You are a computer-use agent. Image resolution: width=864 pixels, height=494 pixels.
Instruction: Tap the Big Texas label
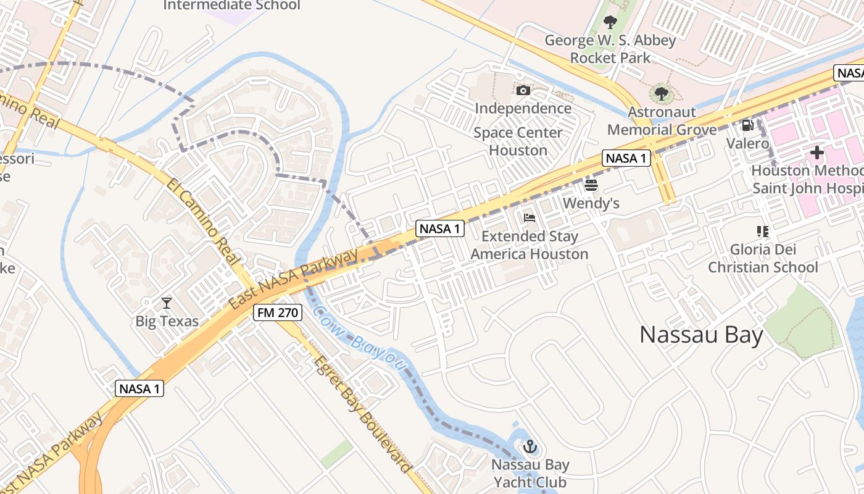click(167, 321)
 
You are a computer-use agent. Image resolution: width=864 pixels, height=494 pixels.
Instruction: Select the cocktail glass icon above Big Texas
click(167, 303)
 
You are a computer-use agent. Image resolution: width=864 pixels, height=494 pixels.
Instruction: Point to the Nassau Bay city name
click(702, 335)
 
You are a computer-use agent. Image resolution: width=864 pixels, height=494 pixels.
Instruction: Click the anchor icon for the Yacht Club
click(530, 446)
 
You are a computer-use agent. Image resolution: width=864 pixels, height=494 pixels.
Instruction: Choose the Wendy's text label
click(591, 203)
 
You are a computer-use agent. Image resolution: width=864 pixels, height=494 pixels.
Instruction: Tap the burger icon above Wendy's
click(591, 185)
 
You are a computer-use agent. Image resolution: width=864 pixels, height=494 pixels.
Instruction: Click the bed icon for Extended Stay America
click(530, 217)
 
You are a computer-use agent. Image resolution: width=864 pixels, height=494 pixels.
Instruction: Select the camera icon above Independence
click(523, 91)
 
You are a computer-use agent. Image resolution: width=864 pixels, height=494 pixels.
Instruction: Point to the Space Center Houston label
click(518, 141)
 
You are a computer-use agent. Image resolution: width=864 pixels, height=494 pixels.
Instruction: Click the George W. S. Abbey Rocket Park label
click(610, 49)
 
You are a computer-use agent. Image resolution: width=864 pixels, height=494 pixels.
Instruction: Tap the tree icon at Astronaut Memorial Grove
click(662, 94)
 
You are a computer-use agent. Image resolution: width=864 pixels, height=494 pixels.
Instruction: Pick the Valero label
click(747, 144)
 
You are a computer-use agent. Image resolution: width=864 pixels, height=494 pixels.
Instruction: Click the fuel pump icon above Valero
click(747, 125)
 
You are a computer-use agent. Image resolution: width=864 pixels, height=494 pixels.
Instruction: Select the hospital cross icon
click(817, 153)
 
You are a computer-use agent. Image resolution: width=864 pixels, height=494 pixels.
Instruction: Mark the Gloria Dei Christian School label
click(763, 258)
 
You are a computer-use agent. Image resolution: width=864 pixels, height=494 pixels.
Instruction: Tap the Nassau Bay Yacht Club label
click(530, 473)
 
